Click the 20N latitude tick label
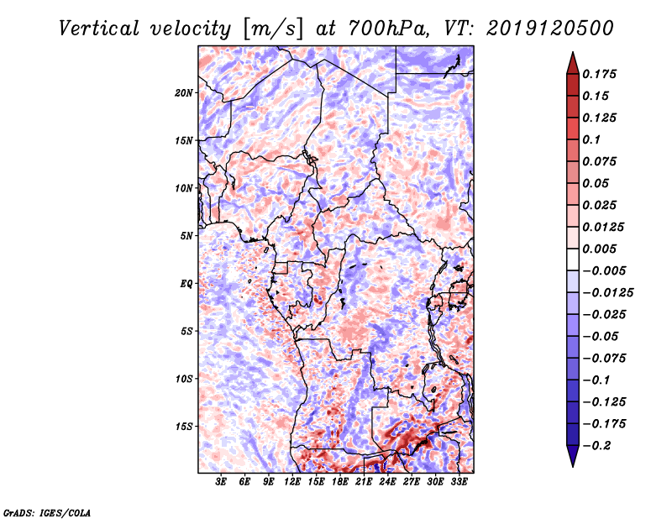pyautogui.click(x=185, y=92)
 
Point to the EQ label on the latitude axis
pyautogui.click(x=186, y=283)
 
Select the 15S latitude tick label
pyautogui.click(x=185, y=427)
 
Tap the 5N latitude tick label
pyautogui.click(x=187, y=235)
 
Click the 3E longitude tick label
pyautogui.click(x=222, y=482)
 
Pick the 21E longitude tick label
pyautogui.click(x=364, y=482)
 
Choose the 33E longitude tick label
pyautogui.click(x=459, y=482)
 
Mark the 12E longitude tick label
pyautogui.click(x=292, y=482)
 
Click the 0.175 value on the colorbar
pyautogui.click(x=601, y=75)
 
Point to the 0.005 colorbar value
pyautogui.click(x=601, y=249)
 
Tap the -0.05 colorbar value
pyautogui.click(x=601, y=336)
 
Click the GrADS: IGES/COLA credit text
pyautogui.click(x=47, y=511)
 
